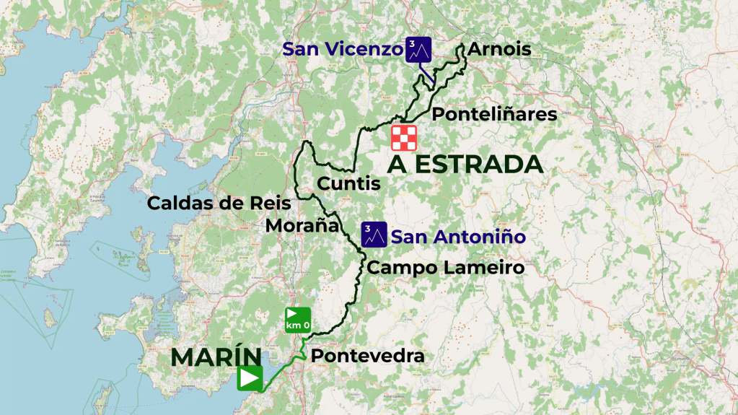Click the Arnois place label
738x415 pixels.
(499, 50)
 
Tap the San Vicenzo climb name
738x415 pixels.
(342, 49)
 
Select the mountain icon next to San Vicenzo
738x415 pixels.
(418, 49)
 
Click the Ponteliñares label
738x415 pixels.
(494, 115)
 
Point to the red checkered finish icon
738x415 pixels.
(404, 138)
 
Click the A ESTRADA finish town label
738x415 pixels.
(465, 165)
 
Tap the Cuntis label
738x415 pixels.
(349, 184)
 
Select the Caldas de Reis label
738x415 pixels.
(219, 204)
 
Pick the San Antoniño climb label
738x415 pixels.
(457, 236)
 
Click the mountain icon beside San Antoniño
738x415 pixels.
(374, 235)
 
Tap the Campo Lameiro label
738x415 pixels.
(445, 268)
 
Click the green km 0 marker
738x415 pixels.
(298, 320)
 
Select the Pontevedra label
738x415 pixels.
(367, 357)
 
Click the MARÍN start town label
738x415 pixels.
(216, 357)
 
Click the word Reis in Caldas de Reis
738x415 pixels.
(270, 204)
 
